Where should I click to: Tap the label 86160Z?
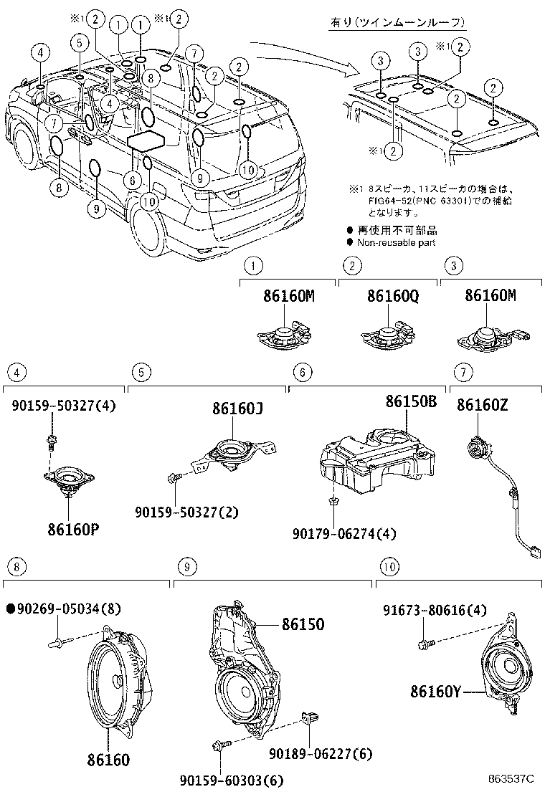tap(483, 405)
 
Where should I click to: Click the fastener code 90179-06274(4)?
tap(344, 533)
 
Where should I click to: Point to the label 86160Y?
tap(437, 692)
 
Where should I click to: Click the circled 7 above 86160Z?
tap(463, 371)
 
